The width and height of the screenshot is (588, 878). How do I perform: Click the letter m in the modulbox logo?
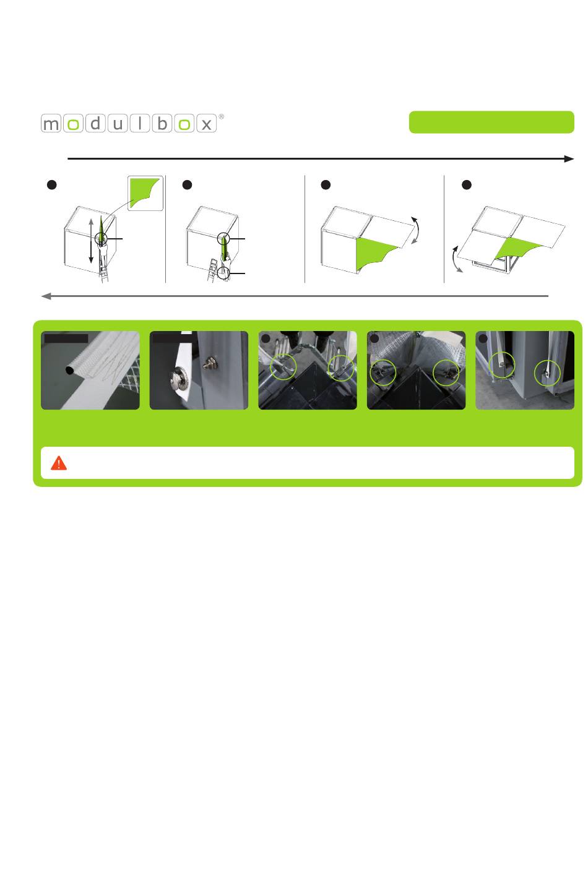pyautogui.click(x=51, y=124)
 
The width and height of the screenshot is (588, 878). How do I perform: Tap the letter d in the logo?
pyautogui.click(x=95, y=124)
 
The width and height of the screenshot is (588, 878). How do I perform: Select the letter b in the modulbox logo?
pyautogui.click(x=162, y=124)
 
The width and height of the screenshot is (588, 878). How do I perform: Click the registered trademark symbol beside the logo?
pyautogui.click(x=221, y=116)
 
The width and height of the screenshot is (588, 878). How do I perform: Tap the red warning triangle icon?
pyautogui.click(x=59, y=463)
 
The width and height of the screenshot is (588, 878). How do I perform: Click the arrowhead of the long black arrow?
pyautogui.click(x=569, y=159)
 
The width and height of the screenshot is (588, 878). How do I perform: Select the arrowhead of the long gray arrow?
pyautogui.click(x=46, y=296)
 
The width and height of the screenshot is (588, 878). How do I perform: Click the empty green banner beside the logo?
pyautogui.click(x=491, y=123)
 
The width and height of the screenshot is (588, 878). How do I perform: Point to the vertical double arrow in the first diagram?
pyautogui.click(x=91, y=241)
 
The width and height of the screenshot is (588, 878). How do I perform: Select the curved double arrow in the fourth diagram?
pyautogui.click(x=456, y=259)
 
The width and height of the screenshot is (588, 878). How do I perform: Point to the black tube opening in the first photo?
pyautogui.click(x=69, y=369)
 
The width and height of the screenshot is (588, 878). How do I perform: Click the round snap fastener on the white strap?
pyautogui.click(x=179, y=379)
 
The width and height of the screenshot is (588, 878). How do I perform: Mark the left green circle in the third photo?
pyautogui.click(x=283, y=366)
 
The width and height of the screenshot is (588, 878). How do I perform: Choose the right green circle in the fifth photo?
pyautogui.click(x=547, y=372)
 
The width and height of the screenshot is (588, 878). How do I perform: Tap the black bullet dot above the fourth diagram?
pyautogui.click(x=467, y=185)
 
